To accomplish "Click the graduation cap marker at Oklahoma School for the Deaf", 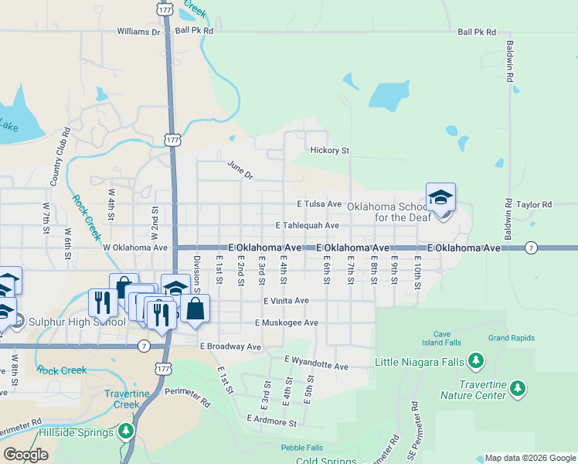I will click(440, 198).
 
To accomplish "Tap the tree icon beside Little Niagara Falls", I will click(477, 360).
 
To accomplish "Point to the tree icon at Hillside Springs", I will click(126, 431).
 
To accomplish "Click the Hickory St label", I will click(329, 151).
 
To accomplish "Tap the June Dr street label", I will click(240, 170).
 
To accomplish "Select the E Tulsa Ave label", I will click(319, 204).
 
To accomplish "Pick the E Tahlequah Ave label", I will click(308, 226).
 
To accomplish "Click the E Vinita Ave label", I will click(286, 300).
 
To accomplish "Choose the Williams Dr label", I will click(138, 32).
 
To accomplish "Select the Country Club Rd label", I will click(56, 164).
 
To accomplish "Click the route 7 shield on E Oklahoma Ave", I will click(530, 247).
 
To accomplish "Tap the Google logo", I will click(25, 455).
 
